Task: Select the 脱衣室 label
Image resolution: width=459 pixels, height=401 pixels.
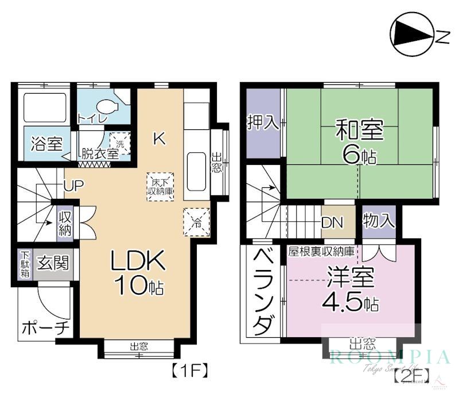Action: point(99,153)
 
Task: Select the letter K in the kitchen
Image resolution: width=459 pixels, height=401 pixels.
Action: point(160,138)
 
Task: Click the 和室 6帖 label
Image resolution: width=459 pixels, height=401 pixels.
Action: point(359,141)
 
